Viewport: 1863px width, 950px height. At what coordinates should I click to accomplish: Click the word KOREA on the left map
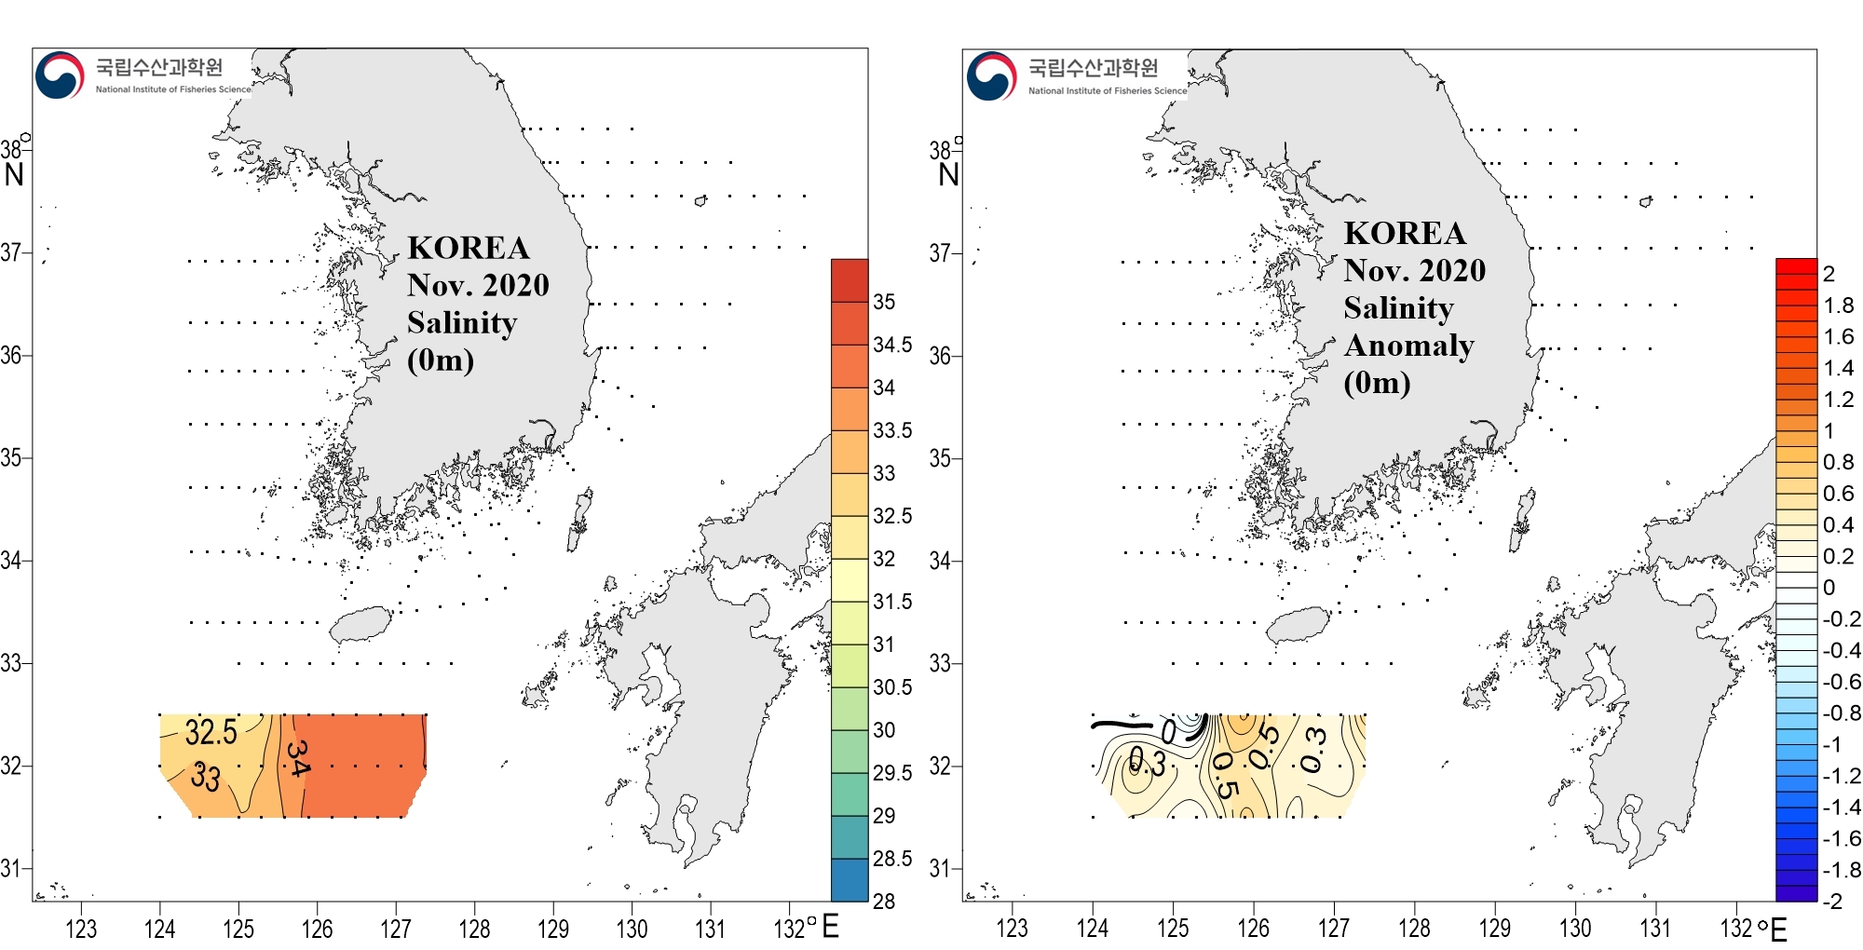click(x=469, y=249)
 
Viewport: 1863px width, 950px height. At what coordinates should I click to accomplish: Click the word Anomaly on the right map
click(x=1408, y=346)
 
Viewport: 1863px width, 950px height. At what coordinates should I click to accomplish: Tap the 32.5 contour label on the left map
click(x=211, y=733)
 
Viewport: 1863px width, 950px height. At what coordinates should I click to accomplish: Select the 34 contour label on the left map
click(x=298, y=758)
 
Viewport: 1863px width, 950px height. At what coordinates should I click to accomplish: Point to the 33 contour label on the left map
click(x=206, y=776)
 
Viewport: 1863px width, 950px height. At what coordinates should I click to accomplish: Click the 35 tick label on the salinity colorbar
click(x=884, y=302)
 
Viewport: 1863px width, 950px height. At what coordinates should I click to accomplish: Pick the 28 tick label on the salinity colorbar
click(x=884, y=901)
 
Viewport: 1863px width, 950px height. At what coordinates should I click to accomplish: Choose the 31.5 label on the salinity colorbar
click(x=892, y=602)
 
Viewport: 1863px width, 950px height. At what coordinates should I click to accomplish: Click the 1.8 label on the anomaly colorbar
click(x=1839, y=305)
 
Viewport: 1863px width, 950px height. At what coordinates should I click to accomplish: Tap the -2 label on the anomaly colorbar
click(x=1832, y=901)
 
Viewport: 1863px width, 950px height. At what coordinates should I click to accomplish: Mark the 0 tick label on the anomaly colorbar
click(x=1829, y=588)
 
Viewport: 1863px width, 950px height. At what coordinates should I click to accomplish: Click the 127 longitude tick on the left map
click(x=396, y=929)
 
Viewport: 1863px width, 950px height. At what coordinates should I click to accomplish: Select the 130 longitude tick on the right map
click(x=1575, y=929)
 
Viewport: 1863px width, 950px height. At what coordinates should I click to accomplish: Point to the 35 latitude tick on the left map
click(x=11, y=458)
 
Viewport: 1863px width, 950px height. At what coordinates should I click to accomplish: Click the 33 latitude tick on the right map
click(x=940, y=664)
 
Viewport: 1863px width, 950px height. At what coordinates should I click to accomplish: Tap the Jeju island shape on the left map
click(x=361, y=625)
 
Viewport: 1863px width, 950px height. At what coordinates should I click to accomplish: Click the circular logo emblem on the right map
click(x=991, y=75)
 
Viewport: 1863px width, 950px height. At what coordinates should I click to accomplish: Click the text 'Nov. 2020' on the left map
click(x=478, y=285)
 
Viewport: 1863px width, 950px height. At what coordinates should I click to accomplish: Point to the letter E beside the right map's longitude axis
click(x=1778, y=930)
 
